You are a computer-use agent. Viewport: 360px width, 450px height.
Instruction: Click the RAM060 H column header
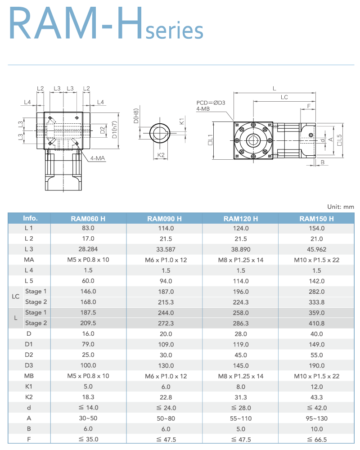(88, 219)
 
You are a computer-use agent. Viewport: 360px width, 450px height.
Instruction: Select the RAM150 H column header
(317, 219)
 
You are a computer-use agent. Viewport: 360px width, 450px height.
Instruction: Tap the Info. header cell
(30, 218)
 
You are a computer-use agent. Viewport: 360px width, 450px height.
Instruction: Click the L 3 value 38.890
(241, 249)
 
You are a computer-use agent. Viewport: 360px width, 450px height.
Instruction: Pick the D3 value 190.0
(317, 365)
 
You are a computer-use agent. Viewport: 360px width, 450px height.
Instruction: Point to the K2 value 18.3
(88, 397)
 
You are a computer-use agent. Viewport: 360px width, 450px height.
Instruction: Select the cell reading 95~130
(317, 418)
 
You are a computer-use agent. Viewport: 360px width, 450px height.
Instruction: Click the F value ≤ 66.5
(317, 440)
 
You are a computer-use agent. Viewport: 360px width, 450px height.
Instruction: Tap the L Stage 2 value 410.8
(317, 323)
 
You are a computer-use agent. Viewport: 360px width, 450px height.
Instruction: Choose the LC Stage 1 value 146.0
(88, 292)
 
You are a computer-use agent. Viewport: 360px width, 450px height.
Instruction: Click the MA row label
(29, 260)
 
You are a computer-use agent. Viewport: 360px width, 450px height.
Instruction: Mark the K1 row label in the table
(29, 387)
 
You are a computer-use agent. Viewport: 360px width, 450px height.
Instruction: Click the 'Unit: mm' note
(341, 207)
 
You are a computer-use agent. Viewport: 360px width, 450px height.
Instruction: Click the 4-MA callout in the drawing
(97, 158)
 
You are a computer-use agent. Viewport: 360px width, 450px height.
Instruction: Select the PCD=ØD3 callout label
(211, 103)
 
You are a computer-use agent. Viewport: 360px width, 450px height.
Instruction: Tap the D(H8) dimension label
(135, 116)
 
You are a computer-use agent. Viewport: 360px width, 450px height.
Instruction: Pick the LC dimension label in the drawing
(284, 97)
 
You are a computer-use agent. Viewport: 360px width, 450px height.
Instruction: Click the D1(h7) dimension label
(115, 130)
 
